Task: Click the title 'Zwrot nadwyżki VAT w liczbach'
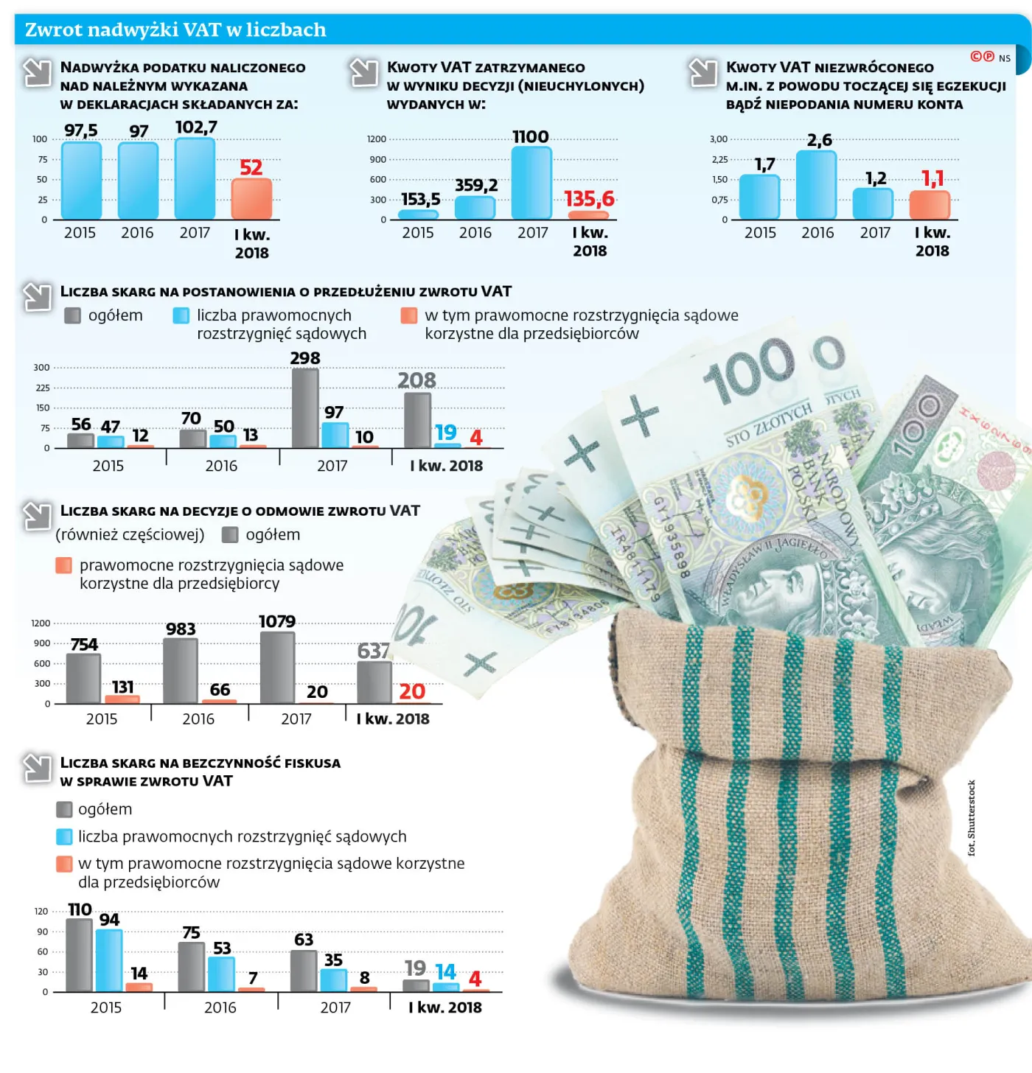click(x=175, y=29)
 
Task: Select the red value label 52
click(x=251, y=167)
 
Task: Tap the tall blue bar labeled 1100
click(x=531, y=182)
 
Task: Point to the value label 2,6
click(x=819, y=140)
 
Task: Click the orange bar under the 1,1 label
click(x=930, y=204)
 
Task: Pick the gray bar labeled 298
click(x=305, y=408)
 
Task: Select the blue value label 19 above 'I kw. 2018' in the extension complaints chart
click(x=445, y=433)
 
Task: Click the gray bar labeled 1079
click(x=277, y=667)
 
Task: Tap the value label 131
click(x=122, y=687)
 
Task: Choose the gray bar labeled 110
click(x=80, y=954)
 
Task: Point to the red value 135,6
click(x=589, y=199)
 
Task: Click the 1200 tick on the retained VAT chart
click(x=376, y=139)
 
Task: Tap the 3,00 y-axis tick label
click(x=718, y=139)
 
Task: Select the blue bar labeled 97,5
click(x=81, y=181)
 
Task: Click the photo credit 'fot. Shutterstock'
click(x=972, y=818)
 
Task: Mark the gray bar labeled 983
click(x=181, y=671)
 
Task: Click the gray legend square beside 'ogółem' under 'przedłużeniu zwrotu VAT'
click(x=72, y=315)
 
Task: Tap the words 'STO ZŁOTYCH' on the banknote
click(x=768, y=425)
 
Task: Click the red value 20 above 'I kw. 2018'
click(x=412, y=691)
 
